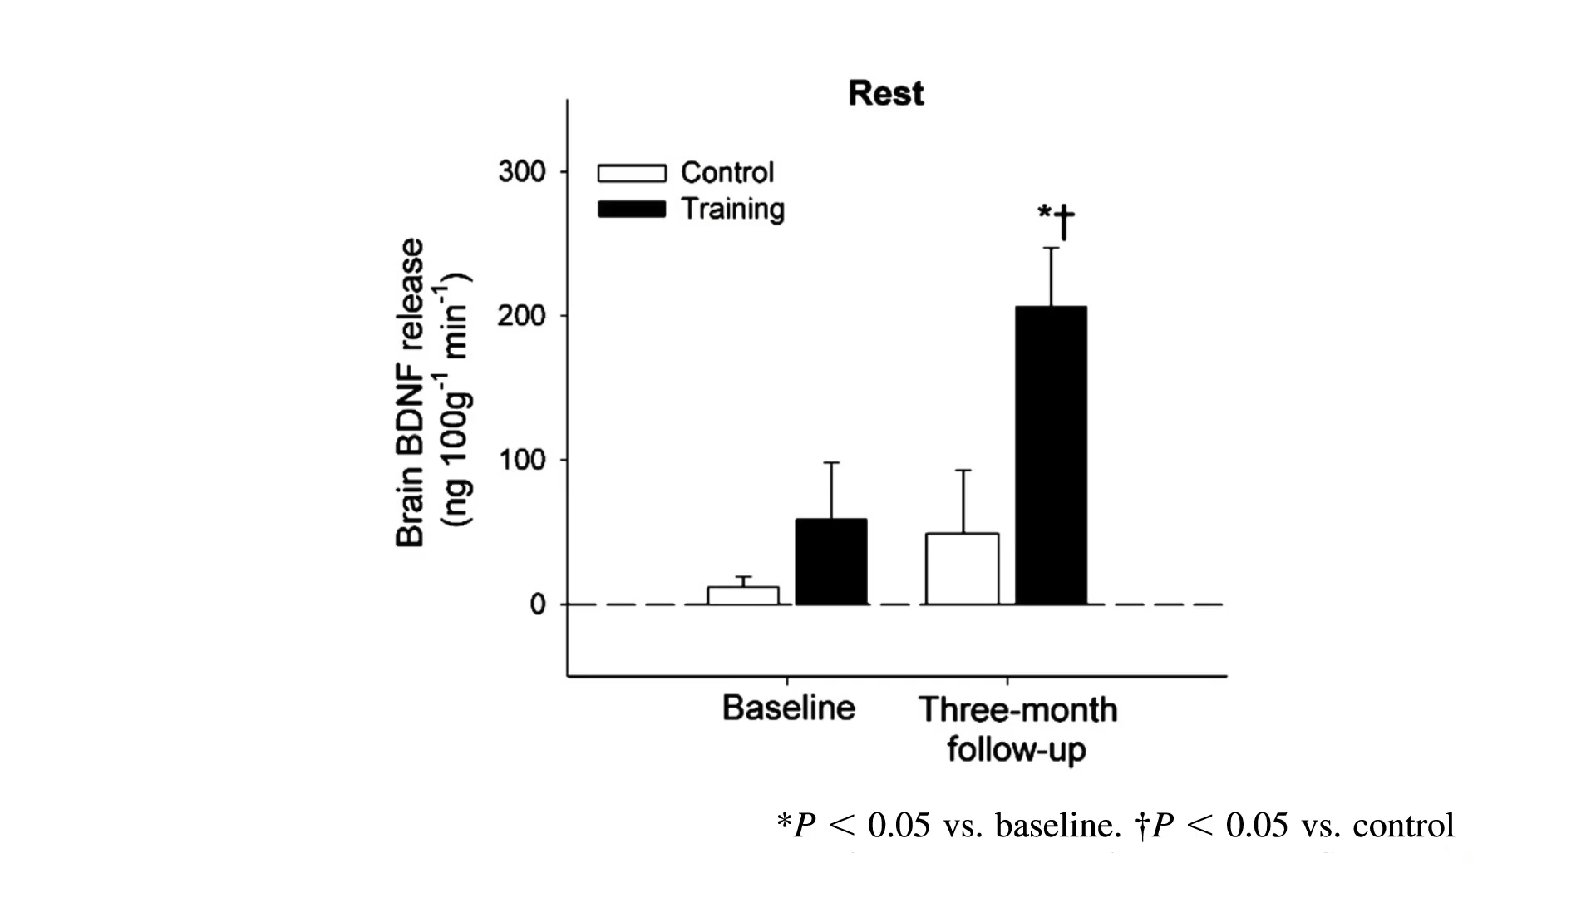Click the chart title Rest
click(x=885, y=93)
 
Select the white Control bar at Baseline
click(x=742, y=595)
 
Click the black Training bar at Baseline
click(x=831, y=562)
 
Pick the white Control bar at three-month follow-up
click(x=962, y=569)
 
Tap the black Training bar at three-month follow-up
click(x=1052, y=456)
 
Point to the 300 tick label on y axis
click(x=522, y=172)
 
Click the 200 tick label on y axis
click(x=522, y=316)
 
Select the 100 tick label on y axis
click(x=522, y=460)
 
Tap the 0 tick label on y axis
click(x=538, y=604)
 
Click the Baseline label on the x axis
click(x=788, y=708)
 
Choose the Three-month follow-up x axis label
click(x=1017, y=729)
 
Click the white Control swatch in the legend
click(x=632, y=173)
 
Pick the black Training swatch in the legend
click(x=632, y=210)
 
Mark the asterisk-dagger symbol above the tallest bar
click(x=1056, y=220)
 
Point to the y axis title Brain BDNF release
click(x=411, y=392)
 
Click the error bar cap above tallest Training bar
click(x=1052, y=248)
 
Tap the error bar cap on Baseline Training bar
click(x=831, y=462)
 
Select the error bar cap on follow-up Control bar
click(x=963, y=471)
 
